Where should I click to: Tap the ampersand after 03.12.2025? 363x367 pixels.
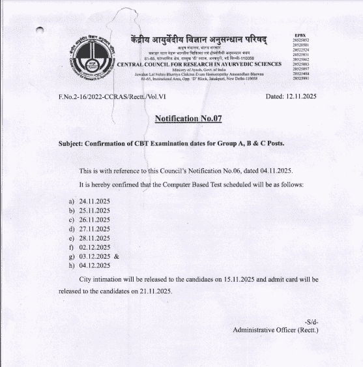click(x=117, y=257)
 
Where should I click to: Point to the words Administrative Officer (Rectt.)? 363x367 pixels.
click(x=275, y=330)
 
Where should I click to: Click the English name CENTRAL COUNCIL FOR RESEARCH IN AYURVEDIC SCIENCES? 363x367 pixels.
click(x=199, y=64)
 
